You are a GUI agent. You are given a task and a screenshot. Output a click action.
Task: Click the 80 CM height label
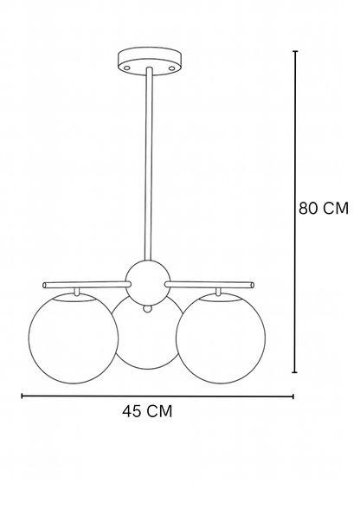324,208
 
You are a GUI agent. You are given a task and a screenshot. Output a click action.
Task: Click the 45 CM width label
147,411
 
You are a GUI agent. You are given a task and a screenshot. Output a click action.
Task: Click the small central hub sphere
148,281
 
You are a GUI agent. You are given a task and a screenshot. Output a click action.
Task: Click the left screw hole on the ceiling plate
127,68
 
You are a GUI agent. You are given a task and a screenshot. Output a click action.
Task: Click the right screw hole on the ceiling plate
172,68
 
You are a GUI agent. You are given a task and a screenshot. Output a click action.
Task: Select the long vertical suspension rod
149,164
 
